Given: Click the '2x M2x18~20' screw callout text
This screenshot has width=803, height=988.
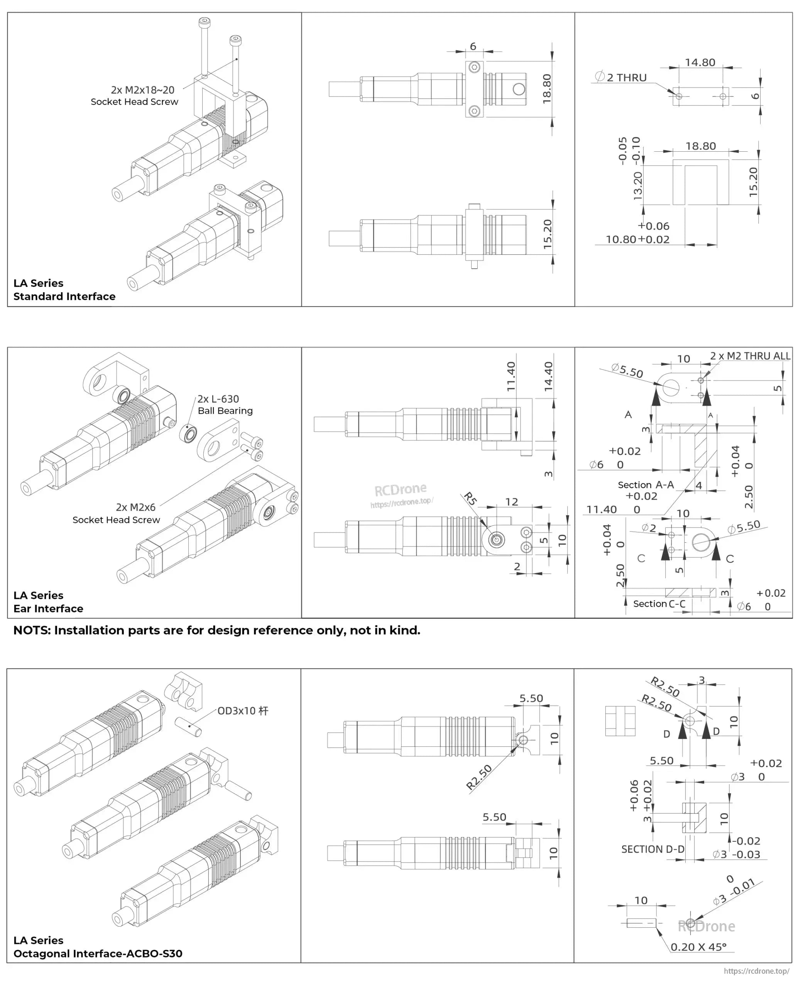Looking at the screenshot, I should (x=142, y=90).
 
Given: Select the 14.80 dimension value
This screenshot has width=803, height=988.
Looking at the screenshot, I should (x=700, y=63).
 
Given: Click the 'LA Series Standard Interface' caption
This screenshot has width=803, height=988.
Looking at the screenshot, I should (x=64, y=289).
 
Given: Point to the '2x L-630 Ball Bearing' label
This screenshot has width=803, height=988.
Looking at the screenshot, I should (x=225, y=405).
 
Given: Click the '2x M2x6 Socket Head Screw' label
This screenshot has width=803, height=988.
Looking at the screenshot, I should (x=117, y=513).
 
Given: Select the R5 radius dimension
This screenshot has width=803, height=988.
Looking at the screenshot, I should (x=470, y=499).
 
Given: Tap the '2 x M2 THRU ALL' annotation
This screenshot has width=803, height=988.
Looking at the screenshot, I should (x=750, y=356).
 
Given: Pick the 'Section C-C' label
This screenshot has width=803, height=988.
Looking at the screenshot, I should (x=659, y=604).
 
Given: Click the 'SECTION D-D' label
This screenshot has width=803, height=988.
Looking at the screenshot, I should (x=652, y=849).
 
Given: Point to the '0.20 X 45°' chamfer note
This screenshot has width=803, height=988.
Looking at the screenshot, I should (x=698, y=947).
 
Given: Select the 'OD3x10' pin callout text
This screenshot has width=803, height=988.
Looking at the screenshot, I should (x=242, y=711).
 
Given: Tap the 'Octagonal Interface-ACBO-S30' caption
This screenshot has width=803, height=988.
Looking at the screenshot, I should (x=98, y=953).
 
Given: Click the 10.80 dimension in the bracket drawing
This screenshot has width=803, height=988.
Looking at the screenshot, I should (x=621, y=240).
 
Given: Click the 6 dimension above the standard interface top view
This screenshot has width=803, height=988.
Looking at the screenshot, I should (x=473, y=46).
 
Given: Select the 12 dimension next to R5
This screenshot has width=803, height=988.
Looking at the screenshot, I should (x=511, y=502).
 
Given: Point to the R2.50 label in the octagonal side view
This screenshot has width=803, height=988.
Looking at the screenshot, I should (x=479, y=778).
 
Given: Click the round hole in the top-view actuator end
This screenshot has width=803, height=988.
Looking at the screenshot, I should (x=519, y=89).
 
